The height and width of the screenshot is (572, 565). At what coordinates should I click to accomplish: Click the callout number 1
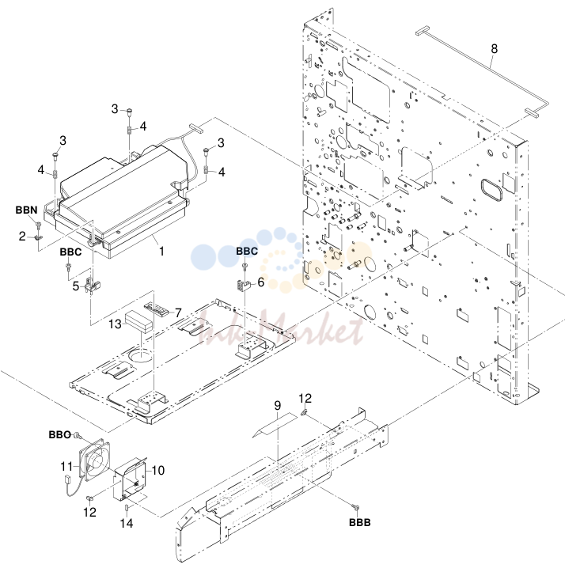[161, 251]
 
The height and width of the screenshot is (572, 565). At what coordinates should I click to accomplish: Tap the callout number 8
[495, 48]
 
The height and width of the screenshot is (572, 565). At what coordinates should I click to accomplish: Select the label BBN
[26, 210]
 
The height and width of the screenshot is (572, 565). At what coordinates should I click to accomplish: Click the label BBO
[59, 434]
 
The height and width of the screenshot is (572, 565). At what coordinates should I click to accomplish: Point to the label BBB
[360, 522]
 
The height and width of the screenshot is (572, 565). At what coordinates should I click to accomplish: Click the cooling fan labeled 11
[94, 460]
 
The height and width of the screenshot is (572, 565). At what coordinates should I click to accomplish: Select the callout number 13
[115, 324]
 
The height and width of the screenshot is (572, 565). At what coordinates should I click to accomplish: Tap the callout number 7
[178, 313]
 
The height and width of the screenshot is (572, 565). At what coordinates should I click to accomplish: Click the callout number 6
[261, 282]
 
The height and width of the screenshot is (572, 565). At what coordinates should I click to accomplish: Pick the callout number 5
[75, 286]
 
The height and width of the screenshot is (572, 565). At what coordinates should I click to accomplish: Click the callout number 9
[278, 405]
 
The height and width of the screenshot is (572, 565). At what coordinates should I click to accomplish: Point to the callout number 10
[158, 470]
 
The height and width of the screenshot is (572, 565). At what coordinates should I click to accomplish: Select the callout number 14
[127, 523]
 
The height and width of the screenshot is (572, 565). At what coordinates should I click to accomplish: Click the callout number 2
[22, 236]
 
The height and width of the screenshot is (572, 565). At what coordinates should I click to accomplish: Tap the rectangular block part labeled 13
[138, 322]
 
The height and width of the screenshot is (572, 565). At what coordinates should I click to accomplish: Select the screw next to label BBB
[355, 507]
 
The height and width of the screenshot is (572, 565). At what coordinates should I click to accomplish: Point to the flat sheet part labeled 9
[275, 425]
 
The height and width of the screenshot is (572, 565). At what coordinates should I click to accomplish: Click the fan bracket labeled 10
[130, 479]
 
